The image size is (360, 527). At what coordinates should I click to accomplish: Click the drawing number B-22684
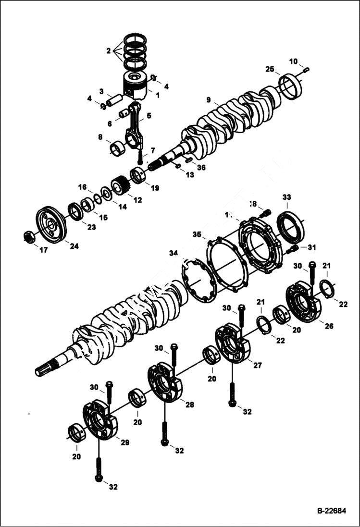tap(331, 511)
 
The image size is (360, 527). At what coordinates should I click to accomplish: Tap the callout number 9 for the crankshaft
tap(209, 100)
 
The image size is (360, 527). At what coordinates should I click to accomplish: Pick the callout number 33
tap(286, 197)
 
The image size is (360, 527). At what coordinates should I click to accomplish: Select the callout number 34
tap(174, 253)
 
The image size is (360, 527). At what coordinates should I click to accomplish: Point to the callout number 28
tap(190, 405)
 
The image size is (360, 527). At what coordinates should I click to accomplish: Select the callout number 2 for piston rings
tap(109, 50)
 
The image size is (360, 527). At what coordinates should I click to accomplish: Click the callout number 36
tap(201, 168)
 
